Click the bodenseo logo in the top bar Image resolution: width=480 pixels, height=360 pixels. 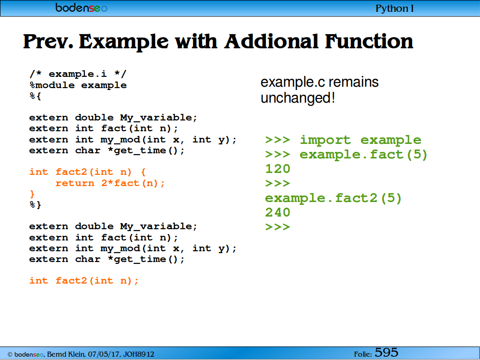point(81,7)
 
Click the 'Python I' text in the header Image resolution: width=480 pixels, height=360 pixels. point(394,8)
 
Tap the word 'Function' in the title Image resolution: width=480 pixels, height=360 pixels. point(369,41)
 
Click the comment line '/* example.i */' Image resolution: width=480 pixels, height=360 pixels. point(78,74)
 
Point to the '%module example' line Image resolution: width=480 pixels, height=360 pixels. point(78,85)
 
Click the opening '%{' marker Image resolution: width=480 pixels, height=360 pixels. point(35,96)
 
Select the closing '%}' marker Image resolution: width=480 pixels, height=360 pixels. point(35,204)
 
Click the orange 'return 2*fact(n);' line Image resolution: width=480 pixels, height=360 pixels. point(110,183)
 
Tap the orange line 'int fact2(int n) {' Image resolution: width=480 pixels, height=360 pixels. point(88,172)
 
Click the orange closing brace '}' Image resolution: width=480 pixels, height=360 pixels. point(32,194)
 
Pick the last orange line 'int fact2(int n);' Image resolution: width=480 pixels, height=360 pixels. point(84,281)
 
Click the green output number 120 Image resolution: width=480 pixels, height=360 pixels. point(277,169)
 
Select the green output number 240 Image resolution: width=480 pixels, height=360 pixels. point(277,212)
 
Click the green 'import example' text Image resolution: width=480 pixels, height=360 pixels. point(360,140)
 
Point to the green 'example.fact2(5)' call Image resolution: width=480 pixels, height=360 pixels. point(333,198)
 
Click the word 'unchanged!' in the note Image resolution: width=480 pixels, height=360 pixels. point(298,98)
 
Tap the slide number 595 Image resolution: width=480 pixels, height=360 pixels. point(386,352)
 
